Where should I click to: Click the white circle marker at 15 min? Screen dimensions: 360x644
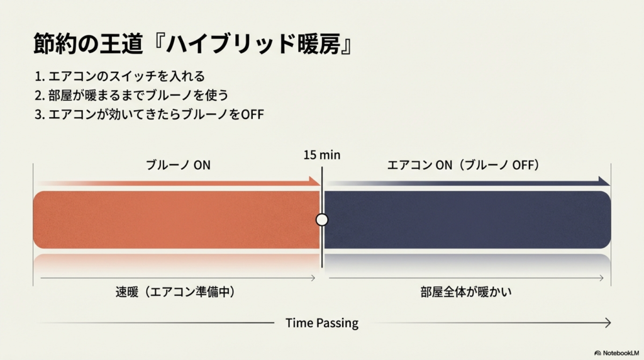tap(322, 220)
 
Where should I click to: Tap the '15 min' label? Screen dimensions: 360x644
tap(321, 155)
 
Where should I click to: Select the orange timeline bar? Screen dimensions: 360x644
tap(176, 220)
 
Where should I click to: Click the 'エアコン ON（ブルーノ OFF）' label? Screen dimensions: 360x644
tap(464, 166)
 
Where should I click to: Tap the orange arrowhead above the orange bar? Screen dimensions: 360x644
tap(315, 182)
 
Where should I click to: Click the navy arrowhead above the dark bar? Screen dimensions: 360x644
tap(605, 182)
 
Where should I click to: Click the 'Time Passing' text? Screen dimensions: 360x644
tap(322, 323)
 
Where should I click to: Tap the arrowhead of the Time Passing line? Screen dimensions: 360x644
tap(608, 323)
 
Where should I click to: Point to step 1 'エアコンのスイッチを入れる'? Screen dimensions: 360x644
tap(119, 77)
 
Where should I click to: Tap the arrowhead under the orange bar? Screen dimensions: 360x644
tap(313, 277)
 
